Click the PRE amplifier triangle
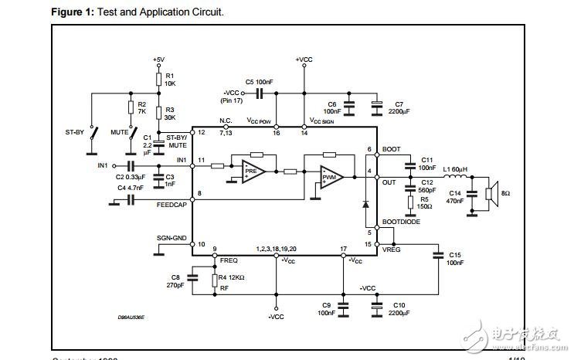[251, 170]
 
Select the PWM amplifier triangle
[331, 177]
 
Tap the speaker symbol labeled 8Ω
[487, 192]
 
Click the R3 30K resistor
[158, 114]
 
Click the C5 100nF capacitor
[260, 93]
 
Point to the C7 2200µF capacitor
[377, 104]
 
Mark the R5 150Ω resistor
[409, 203]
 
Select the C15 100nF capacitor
[437, 255]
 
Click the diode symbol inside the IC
[365, 205]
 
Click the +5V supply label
[158, 59]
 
